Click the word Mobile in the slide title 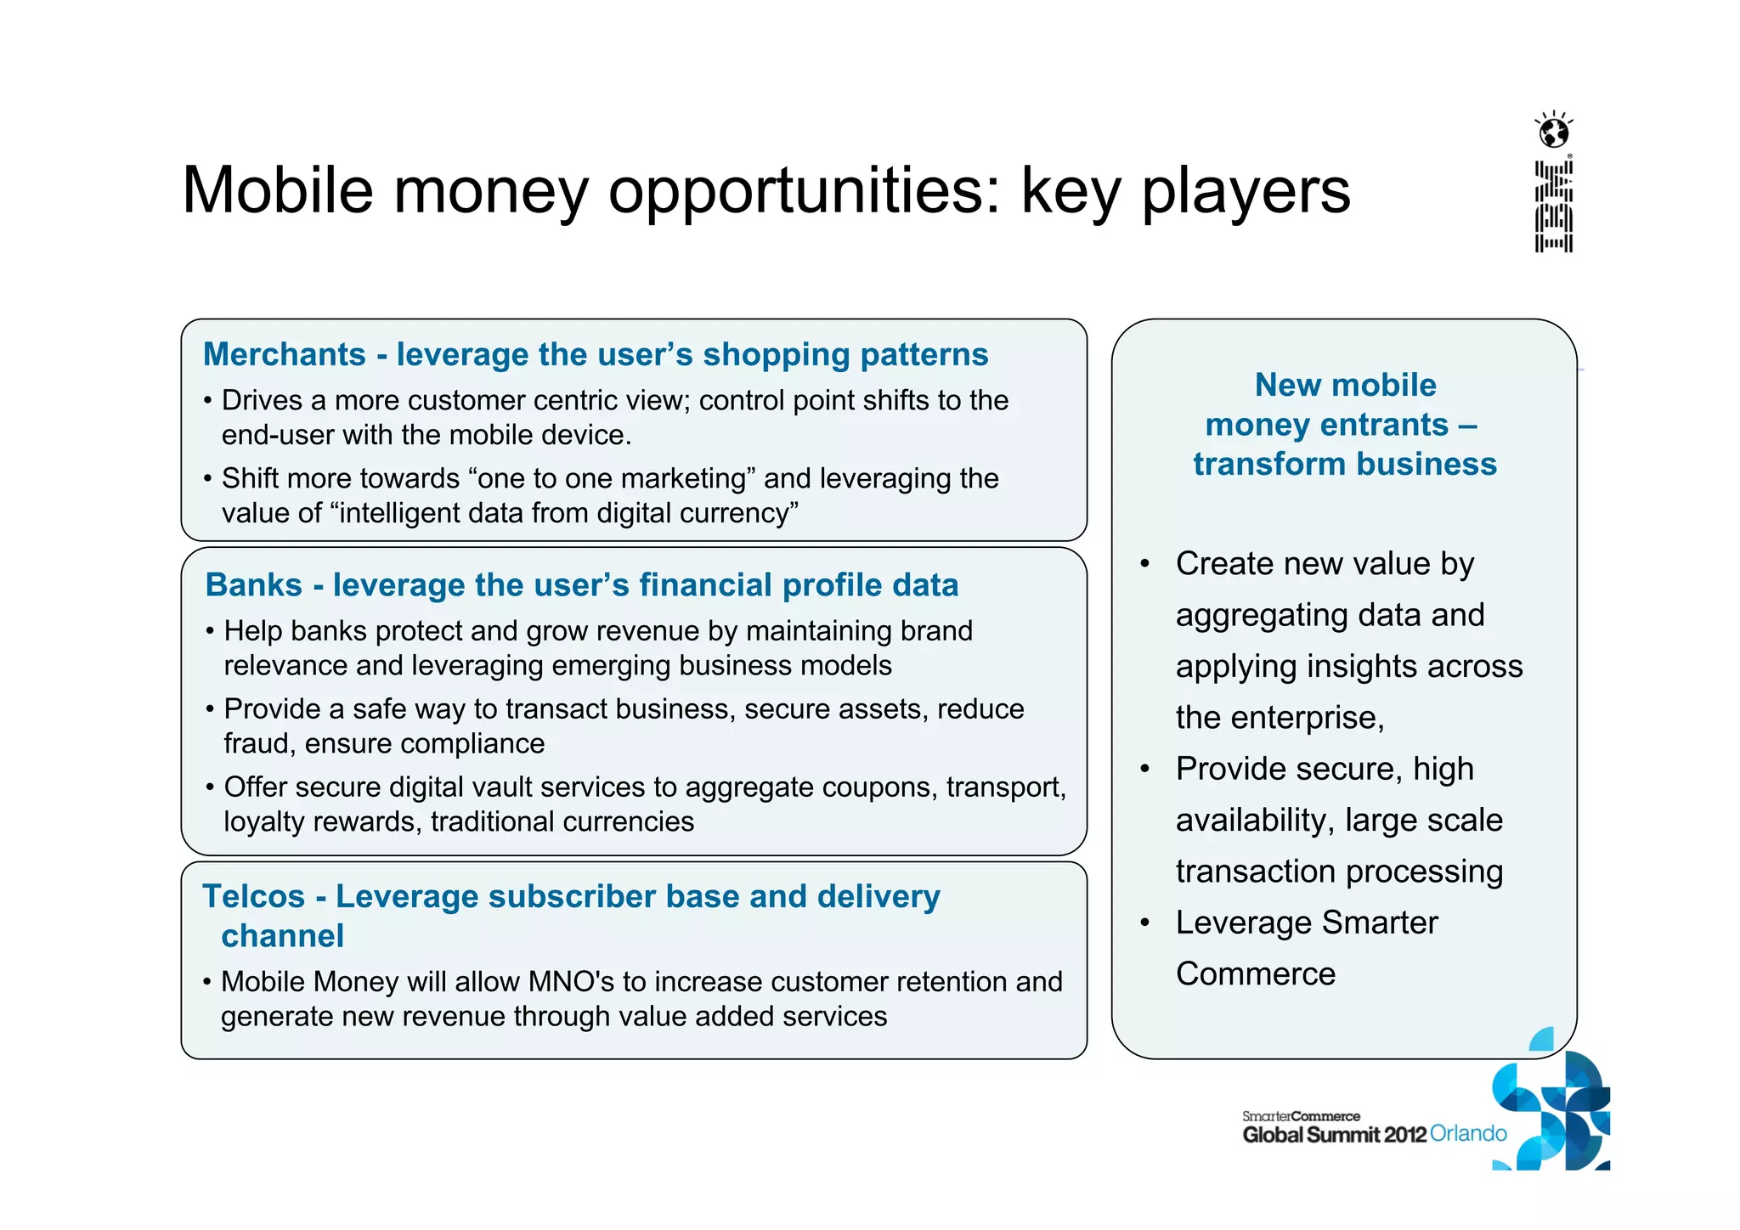(278, 189)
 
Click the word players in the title (1245, 191)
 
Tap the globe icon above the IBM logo (1554, 133)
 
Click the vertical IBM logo (1554, 206)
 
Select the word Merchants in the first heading (285, 354)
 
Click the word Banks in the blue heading (253, 584)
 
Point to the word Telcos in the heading (253, 896)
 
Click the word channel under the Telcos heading (282, 935)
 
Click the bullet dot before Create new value (1144, 564)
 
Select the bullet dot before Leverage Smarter (1144, 922)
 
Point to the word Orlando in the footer (1468, 1133)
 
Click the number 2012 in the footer (1404, 1135)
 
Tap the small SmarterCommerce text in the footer (1301, 1116)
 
